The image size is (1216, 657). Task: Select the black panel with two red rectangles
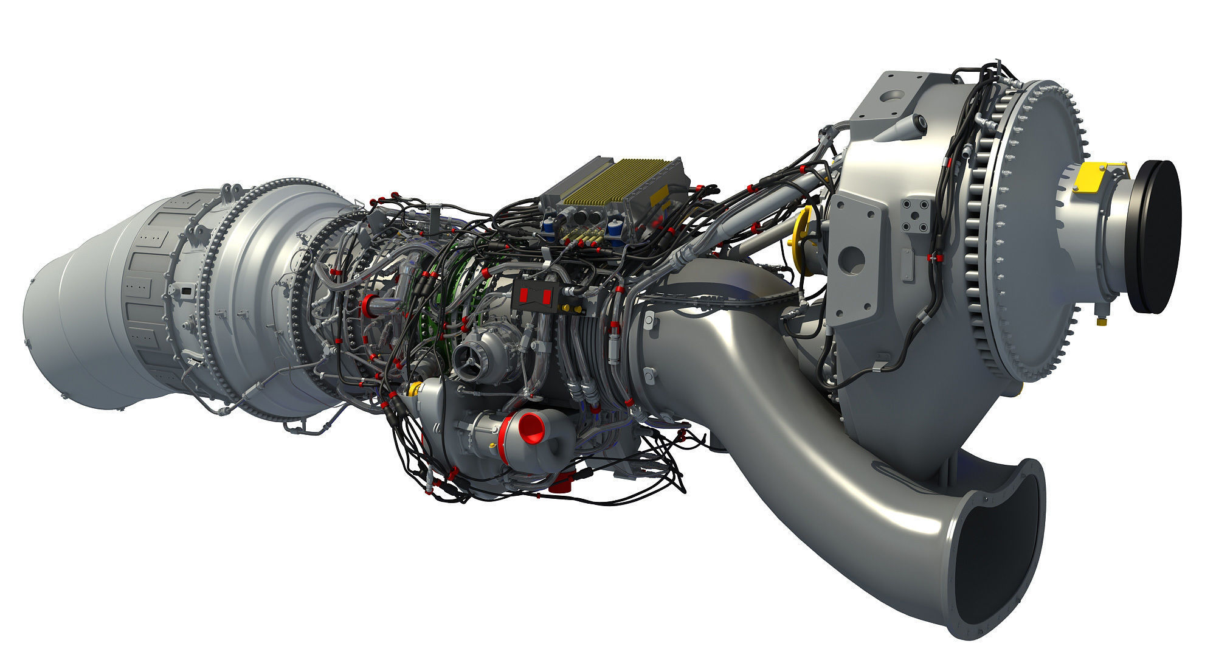(x=536, y=296)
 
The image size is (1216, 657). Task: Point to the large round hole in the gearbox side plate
(x=851, y=260)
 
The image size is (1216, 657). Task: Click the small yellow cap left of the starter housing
(x=415, y=389)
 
